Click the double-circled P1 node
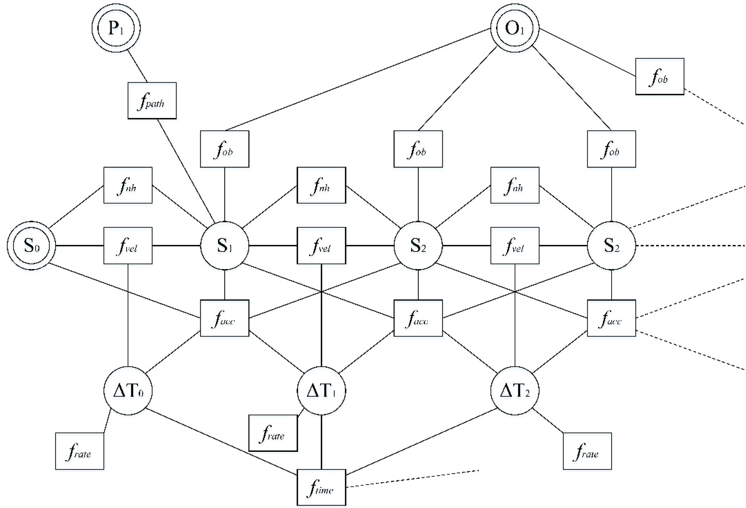coord(116,28)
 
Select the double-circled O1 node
coord(514,28)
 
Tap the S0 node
coord(31,246)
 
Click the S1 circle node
coord(224,246)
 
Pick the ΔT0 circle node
coord(128,391)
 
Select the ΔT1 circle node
coord(321,391)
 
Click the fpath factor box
coord(152,100)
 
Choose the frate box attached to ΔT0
coord(80,451)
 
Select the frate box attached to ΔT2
coord(587,451)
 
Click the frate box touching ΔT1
coord(273,433)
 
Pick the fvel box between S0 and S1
coord(128,246)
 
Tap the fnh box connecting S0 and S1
coord(128,185)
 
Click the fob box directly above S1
coord(224,149)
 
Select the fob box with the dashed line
coord(660,76)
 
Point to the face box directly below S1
coord(224,318)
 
